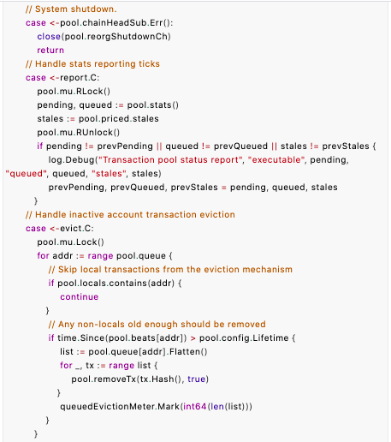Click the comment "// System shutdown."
click(x=71, y=9)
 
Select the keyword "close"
click(x=49, y=37)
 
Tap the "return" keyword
click(x=50, y=51)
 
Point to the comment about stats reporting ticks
click(x=92, y=64)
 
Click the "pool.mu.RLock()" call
click(x=74, y=92)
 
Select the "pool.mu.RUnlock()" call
click(x=79, y=133)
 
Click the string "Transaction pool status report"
click(x=171, y=160)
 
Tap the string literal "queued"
click(x=26, y=174)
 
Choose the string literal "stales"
click(x=109, y=174)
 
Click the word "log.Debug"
click(x=71, y=160)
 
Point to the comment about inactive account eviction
click(x=130, y=215)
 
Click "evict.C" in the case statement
click(x=75, y=229)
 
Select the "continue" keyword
click(x=80, y=297)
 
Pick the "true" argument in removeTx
click(x=197, y=379)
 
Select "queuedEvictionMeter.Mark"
click(x=120, y=407)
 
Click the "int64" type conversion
click(x=194, y=407)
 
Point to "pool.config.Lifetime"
click(x=244, y=338)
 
